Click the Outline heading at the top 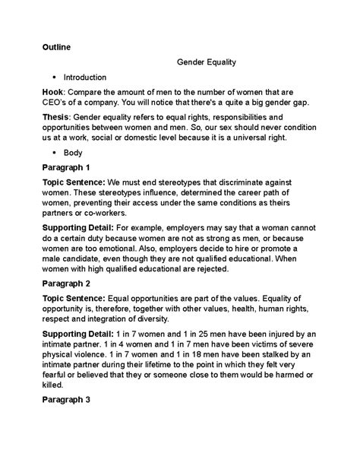pyautogui.click(x=56, y=47)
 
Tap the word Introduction pyautogui.click(x=85, y=77)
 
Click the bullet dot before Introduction pyautogui.click(x=54, y=77)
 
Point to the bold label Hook pyautogui.click(x=53, y=91)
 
